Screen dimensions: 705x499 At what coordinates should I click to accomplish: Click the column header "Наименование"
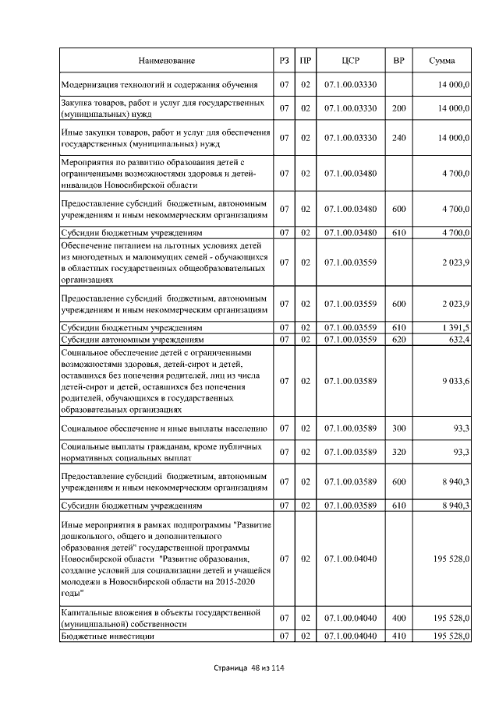point(167,60)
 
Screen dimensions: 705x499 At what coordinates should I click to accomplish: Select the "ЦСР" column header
point(350,60)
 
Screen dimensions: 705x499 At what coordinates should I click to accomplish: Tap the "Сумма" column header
point(442,60)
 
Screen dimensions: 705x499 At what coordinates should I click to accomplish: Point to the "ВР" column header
point(398,60)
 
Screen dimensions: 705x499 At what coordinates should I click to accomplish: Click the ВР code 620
point(398,340)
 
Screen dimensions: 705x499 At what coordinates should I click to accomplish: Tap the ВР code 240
point(398,137)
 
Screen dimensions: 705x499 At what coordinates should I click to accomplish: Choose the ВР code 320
point(398,452)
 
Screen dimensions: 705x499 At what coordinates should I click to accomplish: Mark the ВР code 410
point(398,636)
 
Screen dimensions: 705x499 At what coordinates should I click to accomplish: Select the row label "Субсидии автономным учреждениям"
point(133,340)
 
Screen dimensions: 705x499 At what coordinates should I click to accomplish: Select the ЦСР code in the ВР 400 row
point(350,618)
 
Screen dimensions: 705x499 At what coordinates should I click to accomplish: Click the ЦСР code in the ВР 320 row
point(350,452)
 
